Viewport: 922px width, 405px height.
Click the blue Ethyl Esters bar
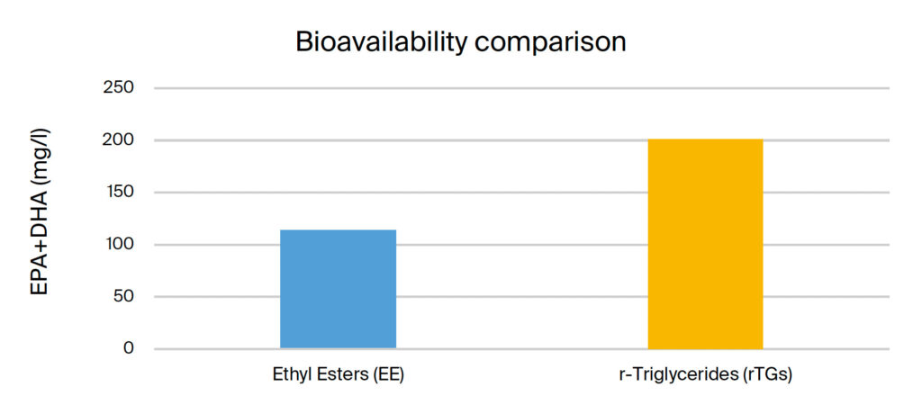[x=339, y=289]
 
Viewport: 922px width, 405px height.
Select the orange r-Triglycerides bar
[x=705, y=244]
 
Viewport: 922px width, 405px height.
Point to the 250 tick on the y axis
[x=121, y=88]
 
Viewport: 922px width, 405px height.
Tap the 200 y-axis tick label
[x=121, y=140]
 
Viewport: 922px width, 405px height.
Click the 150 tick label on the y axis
[x=121, y=193]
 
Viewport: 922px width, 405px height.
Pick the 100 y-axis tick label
[x=121, y=245]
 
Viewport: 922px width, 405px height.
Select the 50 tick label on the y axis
[x=124, y=296]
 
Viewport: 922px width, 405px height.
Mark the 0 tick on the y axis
[x=130, y=348]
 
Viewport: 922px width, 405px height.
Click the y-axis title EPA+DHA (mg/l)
[x=41, y=211]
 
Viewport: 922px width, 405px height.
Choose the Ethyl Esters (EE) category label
[x=339, y=375]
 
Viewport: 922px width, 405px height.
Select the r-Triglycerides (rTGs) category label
[x=706, y=375]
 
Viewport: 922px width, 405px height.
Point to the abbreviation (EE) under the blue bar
[x=390, y=375]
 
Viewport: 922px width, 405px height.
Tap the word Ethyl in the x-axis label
[x=291, y=375]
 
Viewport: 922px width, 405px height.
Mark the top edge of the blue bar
[x=339, y=229]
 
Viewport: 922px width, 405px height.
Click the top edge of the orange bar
[x=705, y=139]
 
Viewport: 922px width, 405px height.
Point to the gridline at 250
[x=522, y=88]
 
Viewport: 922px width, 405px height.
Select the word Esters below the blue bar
[x=342, y=375]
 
